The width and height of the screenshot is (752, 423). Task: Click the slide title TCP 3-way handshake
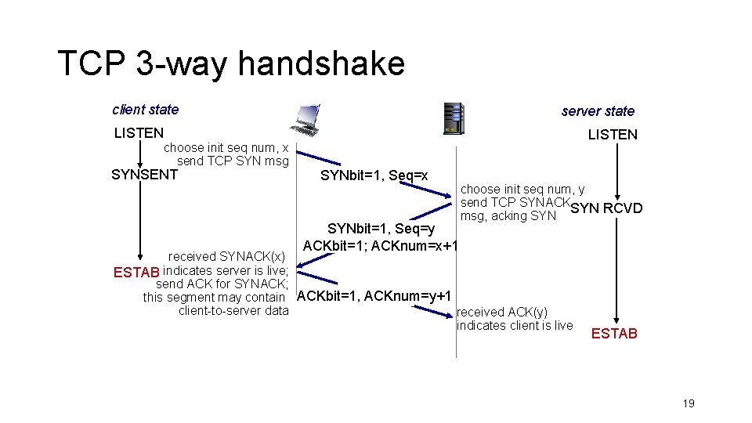[x=231, y=63]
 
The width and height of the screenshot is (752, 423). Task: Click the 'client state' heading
[x=145, y=110]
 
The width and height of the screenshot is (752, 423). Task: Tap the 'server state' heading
[x=598, y=111]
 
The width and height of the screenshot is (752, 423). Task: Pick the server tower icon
[x=454, y=118]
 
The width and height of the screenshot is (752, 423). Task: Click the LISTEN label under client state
[x=139, y=133]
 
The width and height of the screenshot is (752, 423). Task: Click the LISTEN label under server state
[x=613, y=135]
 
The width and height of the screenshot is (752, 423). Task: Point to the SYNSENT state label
[x=145, y=175]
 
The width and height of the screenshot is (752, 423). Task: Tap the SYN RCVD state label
[x=607, y=208]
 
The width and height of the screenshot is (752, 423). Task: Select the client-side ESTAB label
[x=136, y=273]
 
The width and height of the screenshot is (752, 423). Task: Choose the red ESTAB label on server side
[x=614, y=334]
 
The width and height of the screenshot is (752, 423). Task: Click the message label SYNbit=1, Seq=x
[x=374, y=175]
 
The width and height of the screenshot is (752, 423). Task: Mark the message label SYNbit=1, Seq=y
[x=381, y=229]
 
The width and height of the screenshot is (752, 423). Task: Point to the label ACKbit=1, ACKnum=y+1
[x=374, y=296]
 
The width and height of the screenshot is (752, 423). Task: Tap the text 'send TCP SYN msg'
[x=233, y=161]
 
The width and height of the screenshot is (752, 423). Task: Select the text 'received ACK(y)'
[x=502, y=312]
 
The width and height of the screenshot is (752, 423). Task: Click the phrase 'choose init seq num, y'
[x=522, y=189]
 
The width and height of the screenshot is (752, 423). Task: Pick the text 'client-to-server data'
[x=233, y=311]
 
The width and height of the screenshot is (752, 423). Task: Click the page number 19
[x=689, y=403]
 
